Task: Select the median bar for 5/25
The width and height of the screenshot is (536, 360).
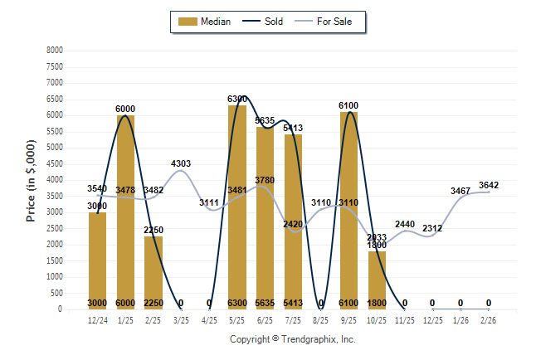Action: point(237,207)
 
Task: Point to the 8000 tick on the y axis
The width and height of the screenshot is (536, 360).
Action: point(55,51)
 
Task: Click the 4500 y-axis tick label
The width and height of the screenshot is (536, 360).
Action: point(55,163)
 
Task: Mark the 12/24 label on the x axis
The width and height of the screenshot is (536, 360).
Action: point(97,319)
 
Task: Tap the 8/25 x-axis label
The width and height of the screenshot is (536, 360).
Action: point(321,319)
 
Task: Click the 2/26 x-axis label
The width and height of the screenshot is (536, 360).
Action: point(489,319)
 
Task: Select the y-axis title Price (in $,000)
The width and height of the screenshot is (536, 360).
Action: point(32,179)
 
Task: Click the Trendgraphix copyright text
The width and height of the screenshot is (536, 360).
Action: point(292,339)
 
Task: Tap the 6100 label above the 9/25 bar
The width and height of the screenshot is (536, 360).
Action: point(348,106)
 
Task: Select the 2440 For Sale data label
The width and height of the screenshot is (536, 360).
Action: point(405,224)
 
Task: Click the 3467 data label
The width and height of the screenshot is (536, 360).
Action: point(460,191)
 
